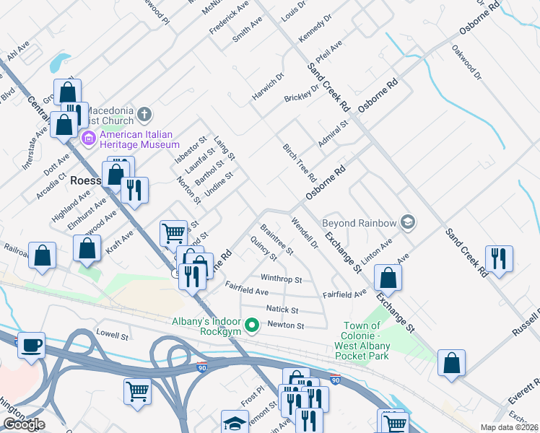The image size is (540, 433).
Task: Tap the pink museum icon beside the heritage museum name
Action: (x=90, y=137)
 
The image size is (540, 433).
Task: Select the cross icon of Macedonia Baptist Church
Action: (x=144, y=113)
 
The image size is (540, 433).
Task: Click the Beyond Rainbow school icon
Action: (x=408, y=222)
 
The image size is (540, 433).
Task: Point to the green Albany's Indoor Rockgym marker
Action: (x=251, y=326)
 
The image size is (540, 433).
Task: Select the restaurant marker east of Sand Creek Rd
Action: (x=499, y=258)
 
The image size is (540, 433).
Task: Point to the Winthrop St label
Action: (x=281, y=279)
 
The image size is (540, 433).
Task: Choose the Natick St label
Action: (x=282, y=309)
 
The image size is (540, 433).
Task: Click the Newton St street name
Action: (x=287, y=325)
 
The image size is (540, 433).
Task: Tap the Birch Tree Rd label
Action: (x=300, y=162)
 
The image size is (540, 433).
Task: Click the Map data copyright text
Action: (x=509, y=427)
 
